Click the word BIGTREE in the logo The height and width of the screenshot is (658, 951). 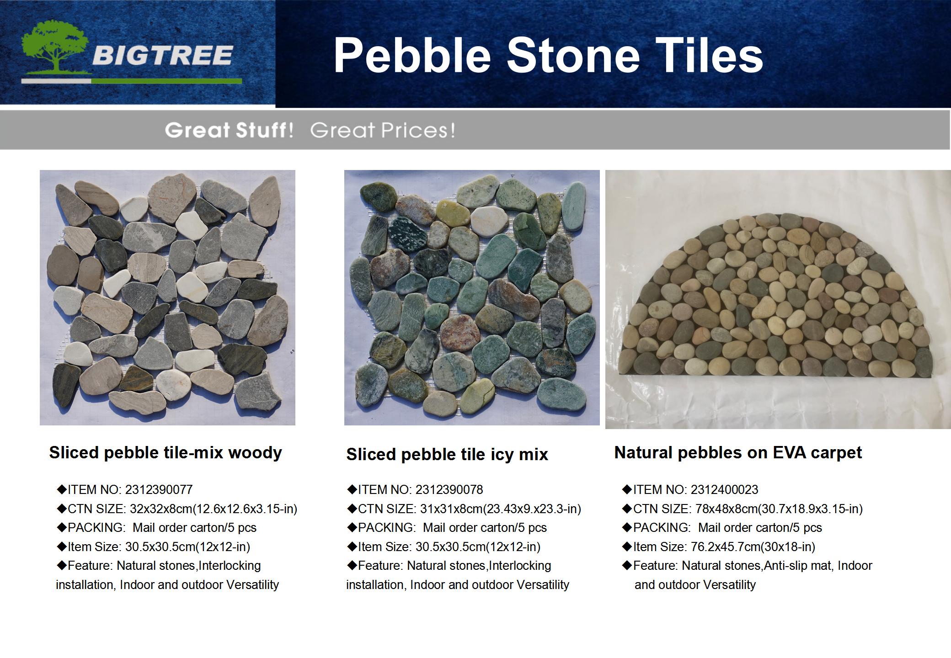coord(163,56)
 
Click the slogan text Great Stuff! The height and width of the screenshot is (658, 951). coord(229,130)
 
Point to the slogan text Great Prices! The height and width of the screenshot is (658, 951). coord(383,130)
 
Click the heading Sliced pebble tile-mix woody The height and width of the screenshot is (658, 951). coord(166,453)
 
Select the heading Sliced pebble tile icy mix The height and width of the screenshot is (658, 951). coord(447,455)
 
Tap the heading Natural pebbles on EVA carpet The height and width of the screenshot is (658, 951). coord(738,453)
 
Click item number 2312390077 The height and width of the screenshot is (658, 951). coord(159,490)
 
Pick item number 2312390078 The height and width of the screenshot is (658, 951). coord(449,490)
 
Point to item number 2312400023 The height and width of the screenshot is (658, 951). coord(724,490)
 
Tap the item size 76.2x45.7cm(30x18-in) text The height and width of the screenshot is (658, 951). coord(751,547)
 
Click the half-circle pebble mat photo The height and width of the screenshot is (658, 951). coord(778,299)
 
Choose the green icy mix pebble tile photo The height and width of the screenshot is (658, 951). coord(472,297)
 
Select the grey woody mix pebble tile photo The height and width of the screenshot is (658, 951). coord(167,297)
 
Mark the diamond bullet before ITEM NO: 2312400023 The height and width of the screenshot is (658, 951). coord(627,489)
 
